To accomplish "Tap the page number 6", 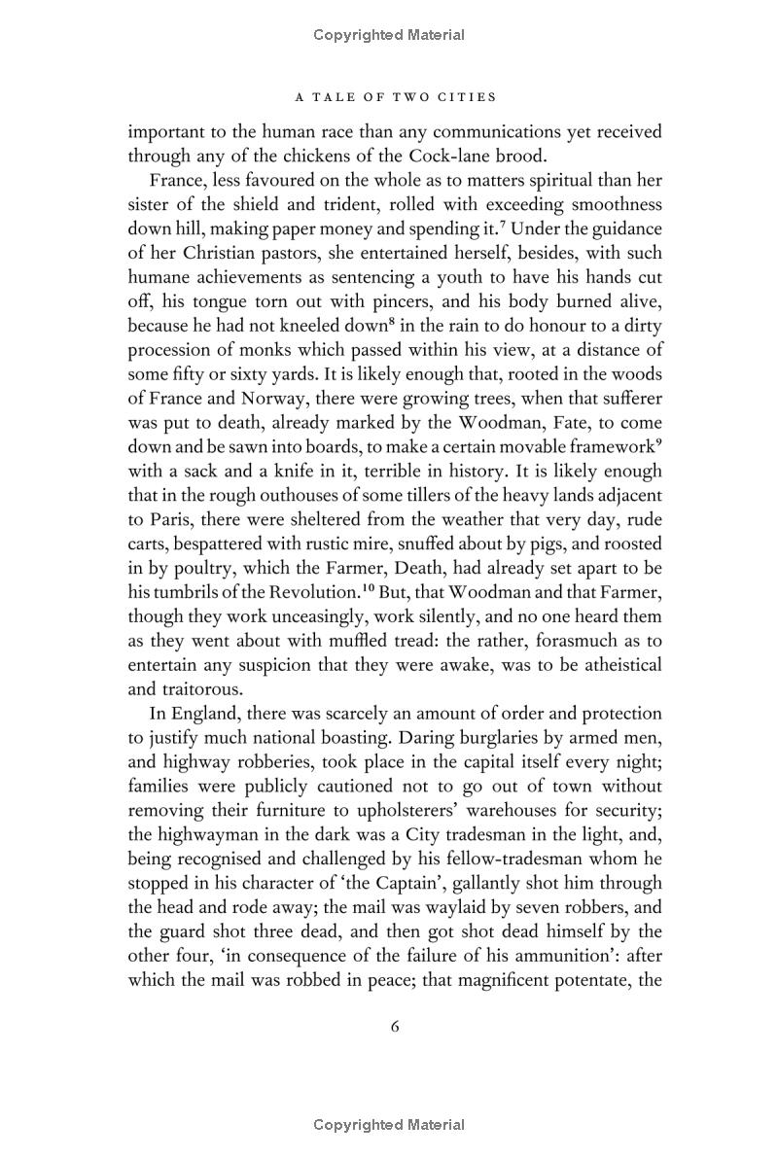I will (395, 1027).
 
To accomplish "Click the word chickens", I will (331, 155).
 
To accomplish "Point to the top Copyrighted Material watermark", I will (389, 35).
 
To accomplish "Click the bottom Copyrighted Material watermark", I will (389, 1125).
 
